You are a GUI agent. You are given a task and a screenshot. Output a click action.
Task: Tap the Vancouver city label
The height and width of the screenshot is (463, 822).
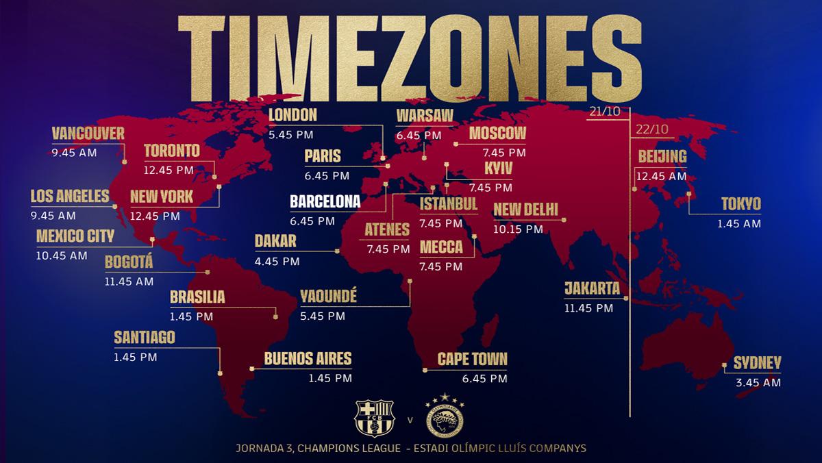(88, 133)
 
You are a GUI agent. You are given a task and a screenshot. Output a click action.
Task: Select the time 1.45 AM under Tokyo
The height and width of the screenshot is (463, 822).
(738, 223)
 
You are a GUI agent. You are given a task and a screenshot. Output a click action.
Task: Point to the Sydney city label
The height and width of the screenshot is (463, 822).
(757, 364)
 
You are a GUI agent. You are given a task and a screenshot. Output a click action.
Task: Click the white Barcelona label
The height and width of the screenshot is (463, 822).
(325, 203)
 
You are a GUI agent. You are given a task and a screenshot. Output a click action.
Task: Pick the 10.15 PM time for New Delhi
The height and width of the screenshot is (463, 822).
(517, 229)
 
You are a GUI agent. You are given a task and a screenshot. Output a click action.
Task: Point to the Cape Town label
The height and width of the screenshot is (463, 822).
(473, 359)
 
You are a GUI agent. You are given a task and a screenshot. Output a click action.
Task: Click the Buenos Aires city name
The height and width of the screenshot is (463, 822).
(308, 358)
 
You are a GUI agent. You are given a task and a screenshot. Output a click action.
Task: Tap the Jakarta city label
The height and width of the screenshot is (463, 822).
(592, 288)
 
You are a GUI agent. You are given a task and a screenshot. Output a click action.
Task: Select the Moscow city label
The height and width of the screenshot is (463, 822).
(497, 133)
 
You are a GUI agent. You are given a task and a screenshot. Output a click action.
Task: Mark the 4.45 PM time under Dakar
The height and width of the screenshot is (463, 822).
(277, 261)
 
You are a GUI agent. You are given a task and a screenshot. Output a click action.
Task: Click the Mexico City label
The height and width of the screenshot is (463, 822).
(75, 236)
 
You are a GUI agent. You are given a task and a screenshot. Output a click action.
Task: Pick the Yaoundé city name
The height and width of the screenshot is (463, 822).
(328, 297)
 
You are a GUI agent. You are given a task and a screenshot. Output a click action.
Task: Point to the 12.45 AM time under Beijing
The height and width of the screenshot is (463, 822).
(661, 176)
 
